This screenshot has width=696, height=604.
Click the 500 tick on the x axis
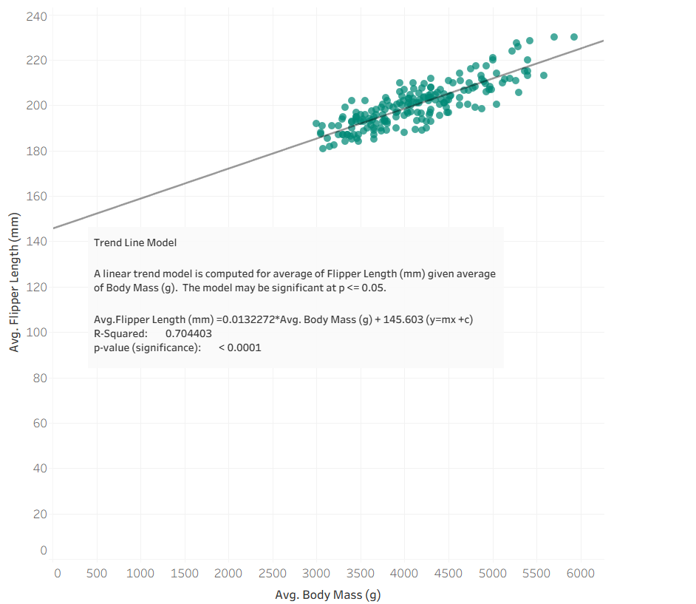(x=97, y=573)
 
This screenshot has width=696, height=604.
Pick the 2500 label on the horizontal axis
(x=273, y=573)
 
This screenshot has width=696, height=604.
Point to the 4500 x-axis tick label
(x=448, y=573)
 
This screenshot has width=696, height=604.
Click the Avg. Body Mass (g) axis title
(x=327, y=594)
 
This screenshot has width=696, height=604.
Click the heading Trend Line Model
(x=135, y=242)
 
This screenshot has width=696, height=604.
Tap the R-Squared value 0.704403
(x=188, y=333)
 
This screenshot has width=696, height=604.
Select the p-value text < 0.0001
(x=239, y=347)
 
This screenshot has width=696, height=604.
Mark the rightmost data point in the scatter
(x=574, y=37)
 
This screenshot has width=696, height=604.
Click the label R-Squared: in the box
(x=120, y=333)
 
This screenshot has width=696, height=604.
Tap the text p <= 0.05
(x=363, y=288)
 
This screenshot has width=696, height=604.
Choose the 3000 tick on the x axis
(x=316, y=573)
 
